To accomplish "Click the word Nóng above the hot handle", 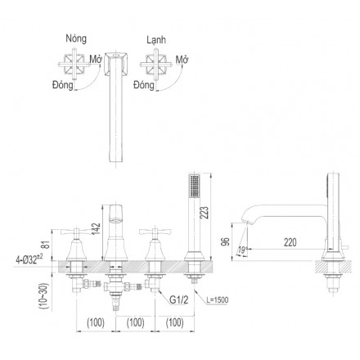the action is point(76,38).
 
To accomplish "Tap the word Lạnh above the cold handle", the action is point(156,40).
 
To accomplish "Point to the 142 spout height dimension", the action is point(96,229).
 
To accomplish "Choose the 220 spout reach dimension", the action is point(290,242).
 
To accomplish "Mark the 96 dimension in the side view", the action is point(226,242).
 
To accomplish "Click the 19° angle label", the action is point(241,250).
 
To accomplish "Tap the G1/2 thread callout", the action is point(179,299).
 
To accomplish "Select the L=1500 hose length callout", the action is point(218,300).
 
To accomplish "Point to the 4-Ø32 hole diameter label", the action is point(29,259).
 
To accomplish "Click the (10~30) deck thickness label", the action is point(44,296).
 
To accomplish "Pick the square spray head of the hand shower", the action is point(195,187).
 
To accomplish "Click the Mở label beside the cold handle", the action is point(182,60).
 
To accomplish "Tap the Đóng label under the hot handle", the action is point(63,85).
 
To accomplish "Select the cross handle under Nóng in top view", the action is point(74,65).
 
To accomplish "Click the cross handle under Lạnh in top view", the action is point(156,65).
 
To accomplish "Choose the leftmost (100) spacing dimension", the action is point(96,322).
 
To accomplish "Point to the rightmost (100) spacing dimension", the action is point(175,322).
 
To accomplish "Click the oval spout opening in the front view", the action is point(116,220).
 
